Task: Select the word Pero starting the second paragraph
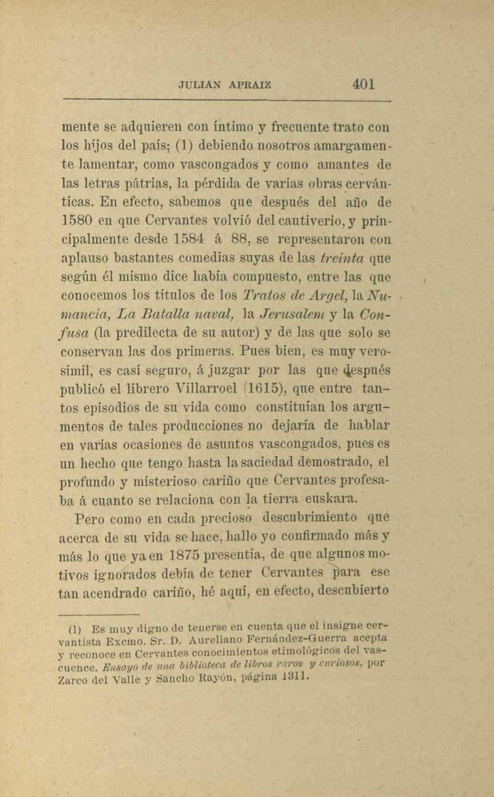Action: click(x=91, y=518)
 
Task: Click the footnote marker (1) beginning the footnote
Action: click(x=72, y=630)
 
